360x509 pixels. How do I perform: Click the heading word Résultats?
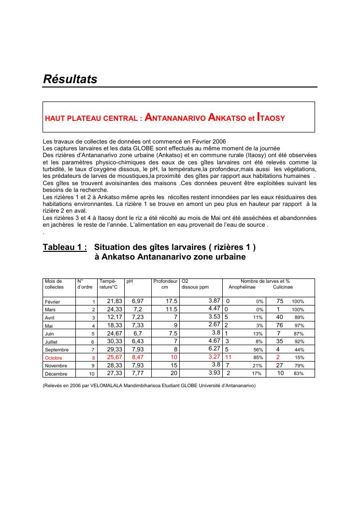click(70, 79)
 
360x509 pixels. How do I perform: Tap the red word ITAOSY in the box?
click(271, 117)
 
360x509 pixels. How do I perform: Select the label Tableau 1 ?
click(65, 247)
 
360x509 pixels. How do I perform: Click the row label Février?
click(52, 301)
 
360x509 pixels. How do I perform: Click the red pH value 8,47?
click(138, 358)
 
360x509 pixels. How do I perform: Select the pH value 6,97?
click(138, 301)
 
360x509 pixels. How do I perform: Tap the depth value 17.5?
click(172, 301)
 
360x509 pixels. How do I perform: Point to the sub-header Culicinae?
click(283, 287)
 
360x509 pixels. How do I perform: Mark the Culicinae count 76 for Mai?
click(279, 325)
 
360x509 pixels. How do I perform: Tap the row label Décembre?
click(56, 374)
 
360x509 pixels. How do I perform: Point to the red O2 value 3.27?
click(214, 357)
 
